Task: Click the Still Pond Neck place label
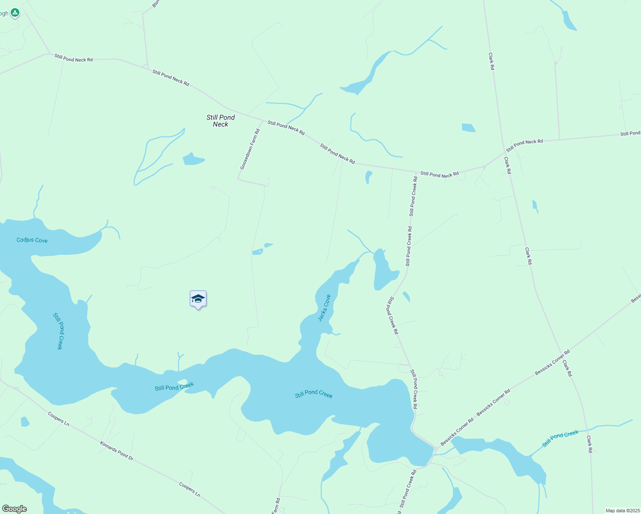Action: pyautogui.click(x=221, y=121)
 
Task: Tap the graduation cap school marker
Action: pyautogui.click(x=198, y=299)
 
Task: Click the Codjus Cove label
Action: pyautogui.click(x=32, y=240)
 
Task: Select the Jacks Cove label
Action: pyautogui.click(x=324, y=308)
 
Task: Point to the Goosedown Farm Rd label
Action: pyautogui.click(x=250, y=149)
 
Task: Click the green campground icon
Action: pyautogui.click(x=15, y=13)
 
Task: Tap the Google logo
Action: pyautogui.click(x=14, y=509)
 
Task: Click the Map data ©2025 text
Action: pyautogui.click(x=623, y=511)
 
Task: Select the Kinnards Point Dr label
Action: pyautogui.click(x=117, y=451)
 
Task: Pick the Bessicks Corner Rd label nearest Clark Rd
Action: pyautogui.click(x=552, y=363)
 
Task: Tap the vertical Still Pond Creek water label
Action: pyautogui.click(x=58, y=331)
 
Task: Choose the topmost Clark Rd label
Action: pyautogui.click(x=491, y=61)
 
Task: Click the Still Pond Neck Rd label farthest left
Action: pyautogui.click(x=73, y=58)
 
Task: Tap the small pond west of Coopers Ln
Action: pyautogui.click(x=25, y=422)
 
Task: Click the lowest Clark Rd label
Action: pyautogui.click(x=590, y=444)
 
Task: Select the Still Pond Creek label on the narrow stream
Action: pyautogui.click(x=560, y=439)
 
